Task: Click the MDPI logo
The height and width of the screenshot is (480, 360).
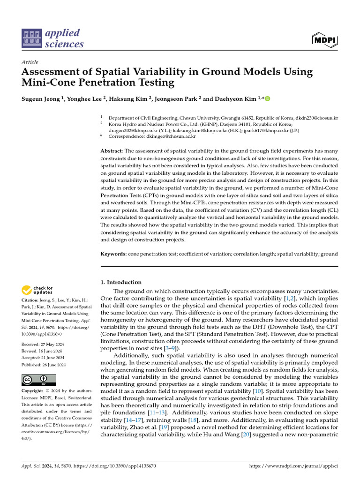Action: [x=324, y=40]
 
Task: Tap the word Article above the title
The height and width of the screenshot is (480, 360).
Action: [x=30, y=62]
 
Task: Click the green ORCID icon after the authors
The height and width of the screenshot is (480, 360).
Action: [x=268, y=99]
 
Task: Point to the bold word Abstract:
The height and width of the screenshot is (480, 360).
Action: [x=112, y=151]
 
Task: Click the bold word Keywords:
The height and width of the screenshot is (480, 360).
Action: [x=114, y=254]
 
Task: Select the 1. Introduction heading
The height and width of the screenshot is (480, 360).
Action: [x=121, y=282]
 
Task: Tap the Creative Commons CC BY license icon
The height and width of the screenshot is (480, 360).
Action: [x=38, y=380]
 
